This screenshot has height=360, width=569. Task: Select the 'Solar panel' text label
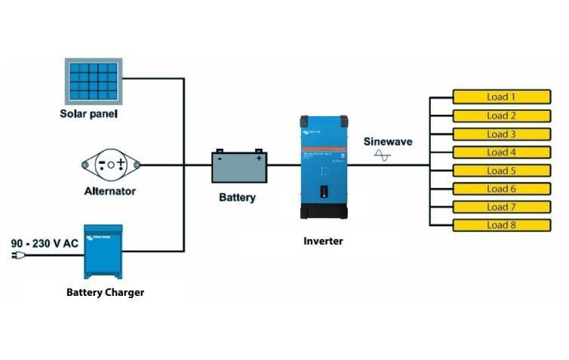(x=89, y=115)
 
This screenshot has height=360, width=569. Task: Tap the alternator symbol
(x=110, y=165)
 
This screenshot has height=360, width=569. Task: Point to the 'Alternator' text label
(x=109, y=191)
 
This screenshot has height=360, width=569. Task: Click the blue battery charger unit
(x=103, y=252)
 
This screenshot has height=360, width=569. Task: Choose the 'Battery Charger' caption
(x=105, y=292)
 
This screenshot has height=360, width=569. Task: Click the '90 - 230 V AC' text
(x=44, y=244)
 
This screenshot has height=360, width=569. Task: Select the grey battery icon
(x=238, y=167)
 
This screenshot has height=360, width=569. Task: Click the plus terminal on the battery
(x=259, y=158)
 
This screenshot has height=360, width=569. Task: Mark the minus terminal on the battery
(x=220, y=158)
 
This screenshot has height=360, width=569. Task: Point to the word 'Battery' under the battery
(x=237, y=198)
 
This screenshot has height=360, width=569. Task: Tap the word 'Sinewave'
(x=388, y=141)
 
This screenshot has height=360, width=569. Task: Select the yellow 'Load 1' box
(x=501, y=97)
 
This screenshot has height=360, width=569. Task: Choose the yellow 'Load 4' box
(x=501, y=152)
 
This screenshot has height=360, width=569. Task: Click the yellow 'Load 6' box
(x=501, y=189)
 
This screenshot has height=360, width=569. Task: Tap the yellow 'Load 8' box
(x=501, y=225)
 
